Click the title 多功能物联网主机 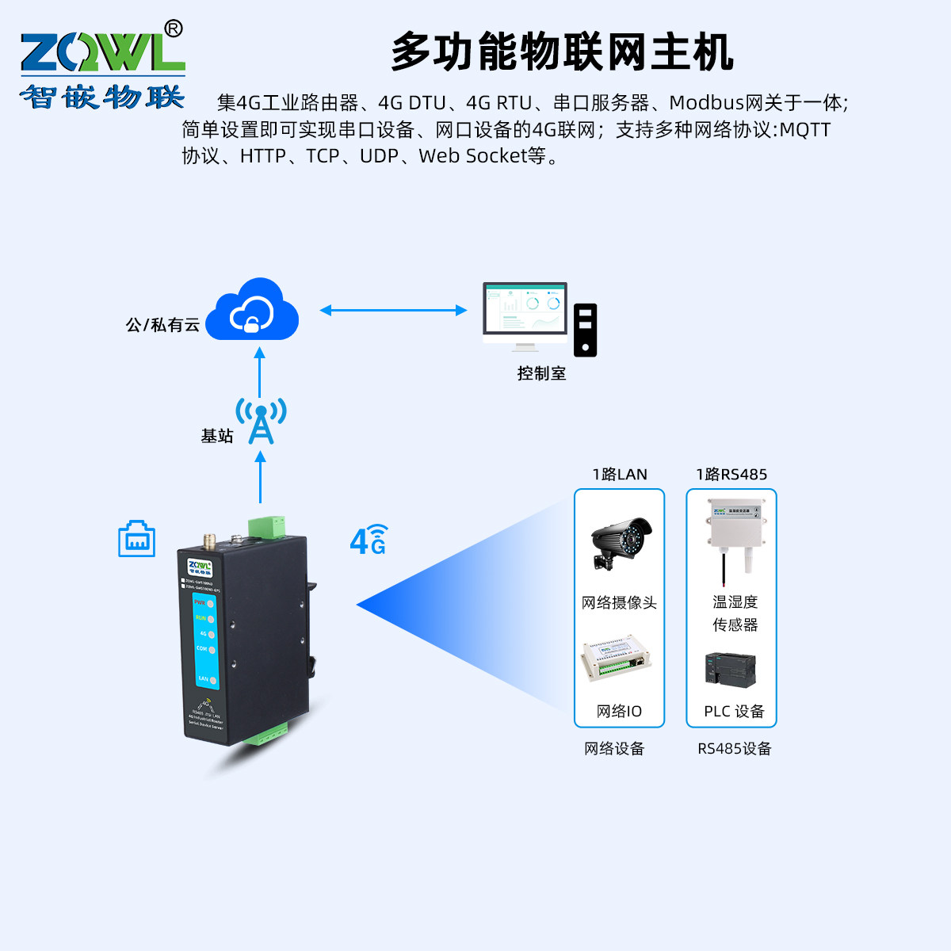[562, 52]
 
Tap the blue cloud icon [252, 310]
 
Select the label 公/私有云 [162, 325]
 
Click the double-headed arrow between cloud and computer [393, 311]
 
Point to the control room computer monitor [525, 312]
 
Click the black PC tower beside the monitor [585, 330]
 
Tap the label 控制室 [541, 373]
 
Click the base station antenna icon [261, 420]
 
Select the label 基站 [216, 436]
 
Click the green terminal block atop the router [265, 527]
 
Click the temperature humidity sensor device [730, 531]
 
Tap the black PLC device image [730, 669]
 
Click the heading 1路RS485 [731, 475]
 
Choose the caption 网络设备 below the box [614, 749]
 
